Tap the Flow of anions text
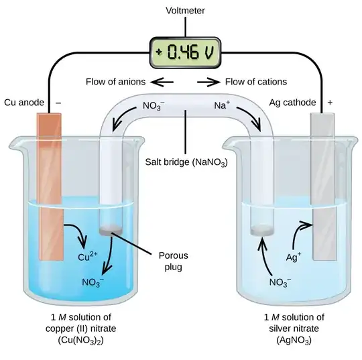[115, 82]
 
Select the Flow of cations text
[256, 82]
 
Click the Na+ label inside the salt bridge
[223, 105]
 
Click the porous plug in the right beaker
[260, 230]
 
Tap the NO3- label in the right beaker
[281, 282]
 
